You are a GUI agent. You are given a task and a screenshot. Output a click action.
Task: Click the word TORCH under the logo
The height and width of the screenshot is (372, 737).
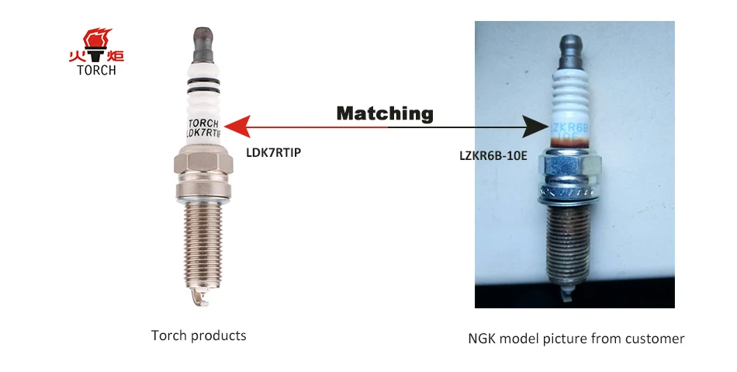[97, 70]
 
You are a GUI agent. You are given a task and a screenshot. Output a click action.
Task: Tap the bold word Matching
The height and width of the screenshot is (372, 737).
[384, 113]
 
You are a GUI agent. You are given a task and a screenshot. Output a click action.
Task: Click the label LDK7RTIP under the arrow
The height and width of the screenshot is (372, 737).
[273, 152]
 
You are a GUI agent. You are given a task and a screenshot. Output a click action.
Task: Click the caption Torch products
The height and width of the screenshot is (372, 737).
[199, 335]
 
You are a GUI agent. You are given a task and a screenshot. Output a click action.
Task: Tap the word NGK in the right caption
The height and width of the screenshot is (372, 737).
[483, 339]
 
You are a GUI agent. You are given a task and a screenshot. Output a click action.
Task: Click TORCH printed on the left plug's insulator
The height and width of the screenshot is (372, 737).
[204, 123]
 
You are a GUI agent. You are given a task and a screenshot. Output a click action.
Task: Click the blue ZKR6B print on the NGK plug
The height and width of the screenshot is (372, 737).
[571, 127]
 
